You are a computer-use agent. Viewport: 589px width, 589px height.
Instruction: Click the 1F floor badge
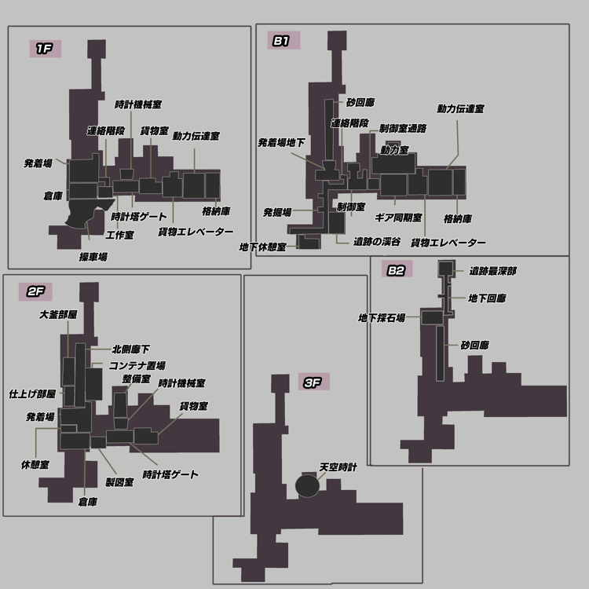tap(46, 49)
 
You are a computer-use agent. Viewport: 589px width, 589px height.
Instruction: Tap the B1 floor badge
tap(284, 40)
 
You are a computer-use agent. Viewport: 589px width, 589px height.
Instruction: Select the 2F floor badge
tap(35, 292)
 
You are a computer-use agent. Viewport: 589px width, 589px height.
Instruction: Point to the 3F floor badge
tap(313, 382)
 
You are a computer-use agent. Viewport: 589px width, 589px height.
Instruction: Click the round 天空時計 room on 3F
tap(307, 485)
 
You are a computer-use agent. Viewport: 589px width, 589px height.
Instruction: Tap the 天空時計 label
tap(338, 467)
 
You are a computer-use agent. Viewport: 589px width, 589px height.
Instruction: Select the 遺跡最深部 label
tap(493, 271)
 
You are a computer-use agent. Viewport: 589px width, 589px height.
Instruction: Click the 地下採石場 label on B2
tap(382, 318)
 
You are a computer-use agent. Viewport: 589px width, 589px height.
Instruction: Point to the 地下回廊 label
tap(487, 298)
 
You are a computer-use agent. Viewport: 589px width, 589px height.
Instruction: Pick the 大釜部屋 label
tap(58, 314)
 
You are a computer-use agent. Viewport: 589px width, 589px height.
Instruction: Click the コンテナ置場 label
tap(137, 365)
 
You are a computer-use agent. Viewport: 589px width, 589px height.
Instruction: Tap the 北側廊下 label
tap(131, 349)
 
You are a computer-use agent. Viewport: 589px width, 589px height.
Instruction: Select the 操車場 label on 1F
tap(93, 257)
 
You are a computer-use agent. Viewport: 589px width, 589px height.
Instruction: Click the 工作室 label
tap(120, 235)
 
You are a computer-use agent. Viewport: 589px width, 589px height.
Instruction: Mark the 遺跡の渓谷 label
tap(377, 242)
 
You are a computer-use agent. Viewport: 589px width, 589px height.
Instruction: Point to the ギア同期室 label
tap(398, 218)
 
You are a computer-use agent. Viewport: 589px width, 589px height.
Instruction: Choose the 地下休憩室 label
tap(263, 247)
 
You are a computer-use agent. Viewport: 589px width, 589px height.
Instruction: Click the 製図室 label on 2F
tap(119, 482)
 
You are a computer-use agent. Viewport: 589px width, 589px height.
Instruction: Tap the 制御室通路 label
tap(403, 129)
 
